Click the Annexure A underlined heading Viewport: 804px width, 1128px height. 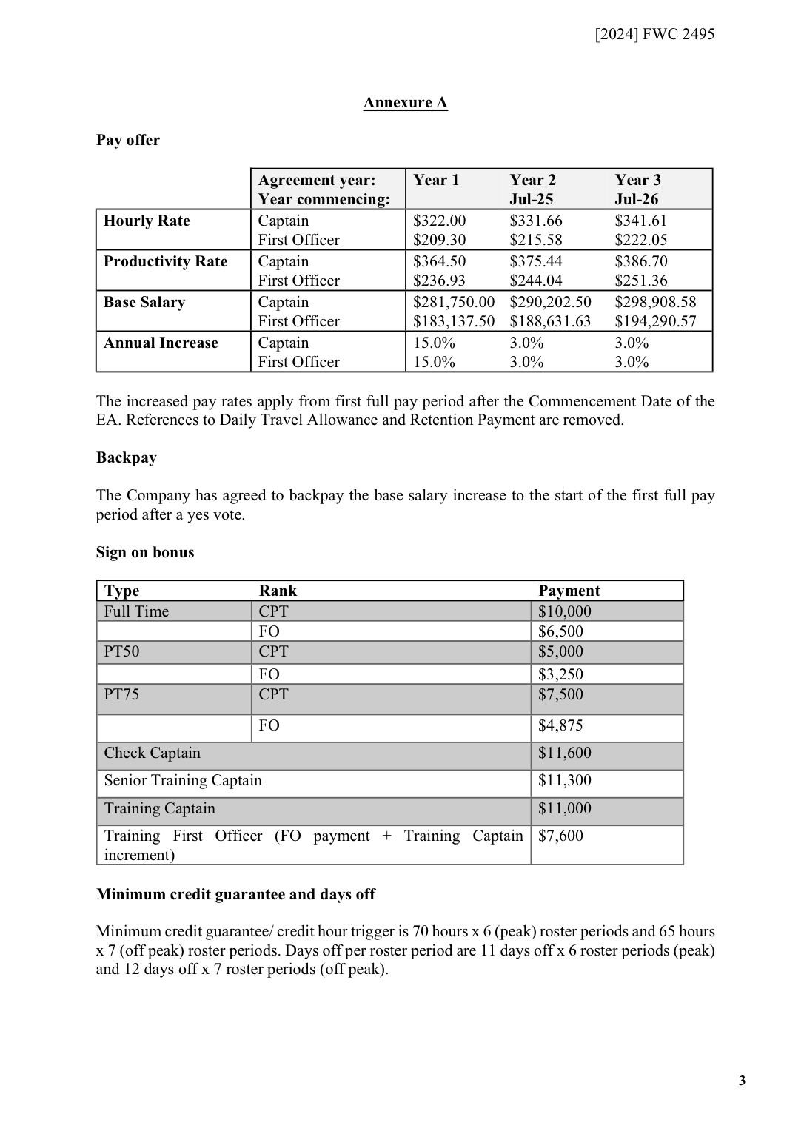point(405,102)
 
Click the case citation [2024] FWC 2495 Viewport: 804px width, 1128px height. point(654,33)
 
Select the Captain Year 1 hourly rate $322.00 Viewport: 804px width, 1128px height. point(439,221)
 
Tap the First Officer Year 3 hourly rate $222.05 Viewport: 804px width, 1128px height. point(640,240)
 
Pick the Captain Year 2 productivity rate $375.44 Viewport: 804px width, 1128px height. point(535,261)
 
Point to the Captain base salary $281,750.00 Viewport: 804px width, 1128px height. point(453,302)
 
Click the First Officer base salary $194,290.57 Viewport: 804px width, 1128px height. point(655,321)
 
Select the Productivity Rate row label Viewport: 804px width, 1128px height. point(165,261)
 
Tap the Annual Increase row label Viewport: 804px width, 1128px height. point(161,343)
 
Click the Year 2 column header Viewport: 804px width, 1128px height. point(532,180)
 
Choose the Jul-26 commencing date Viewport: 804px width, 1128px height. point(636,199)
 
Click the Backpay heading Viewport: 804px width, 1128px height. point(126,457)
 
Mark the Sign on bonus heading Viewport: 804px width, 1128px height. point(144,552)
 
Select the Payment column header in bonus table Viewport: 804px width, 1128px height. point(569,591)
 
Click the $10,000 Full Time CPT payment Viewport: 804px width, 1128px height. point(564,611)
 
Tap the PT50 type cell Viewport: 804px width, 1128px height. point(121,651)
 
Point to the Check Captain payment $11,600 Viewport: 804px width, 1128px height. point(564,753)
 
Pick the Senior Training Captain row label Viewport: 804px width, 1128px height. point(182,780)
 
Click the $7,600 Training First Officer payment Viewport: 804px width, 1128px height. point(560,836)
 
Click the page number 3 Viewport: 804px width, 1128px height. point(742,1081)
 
